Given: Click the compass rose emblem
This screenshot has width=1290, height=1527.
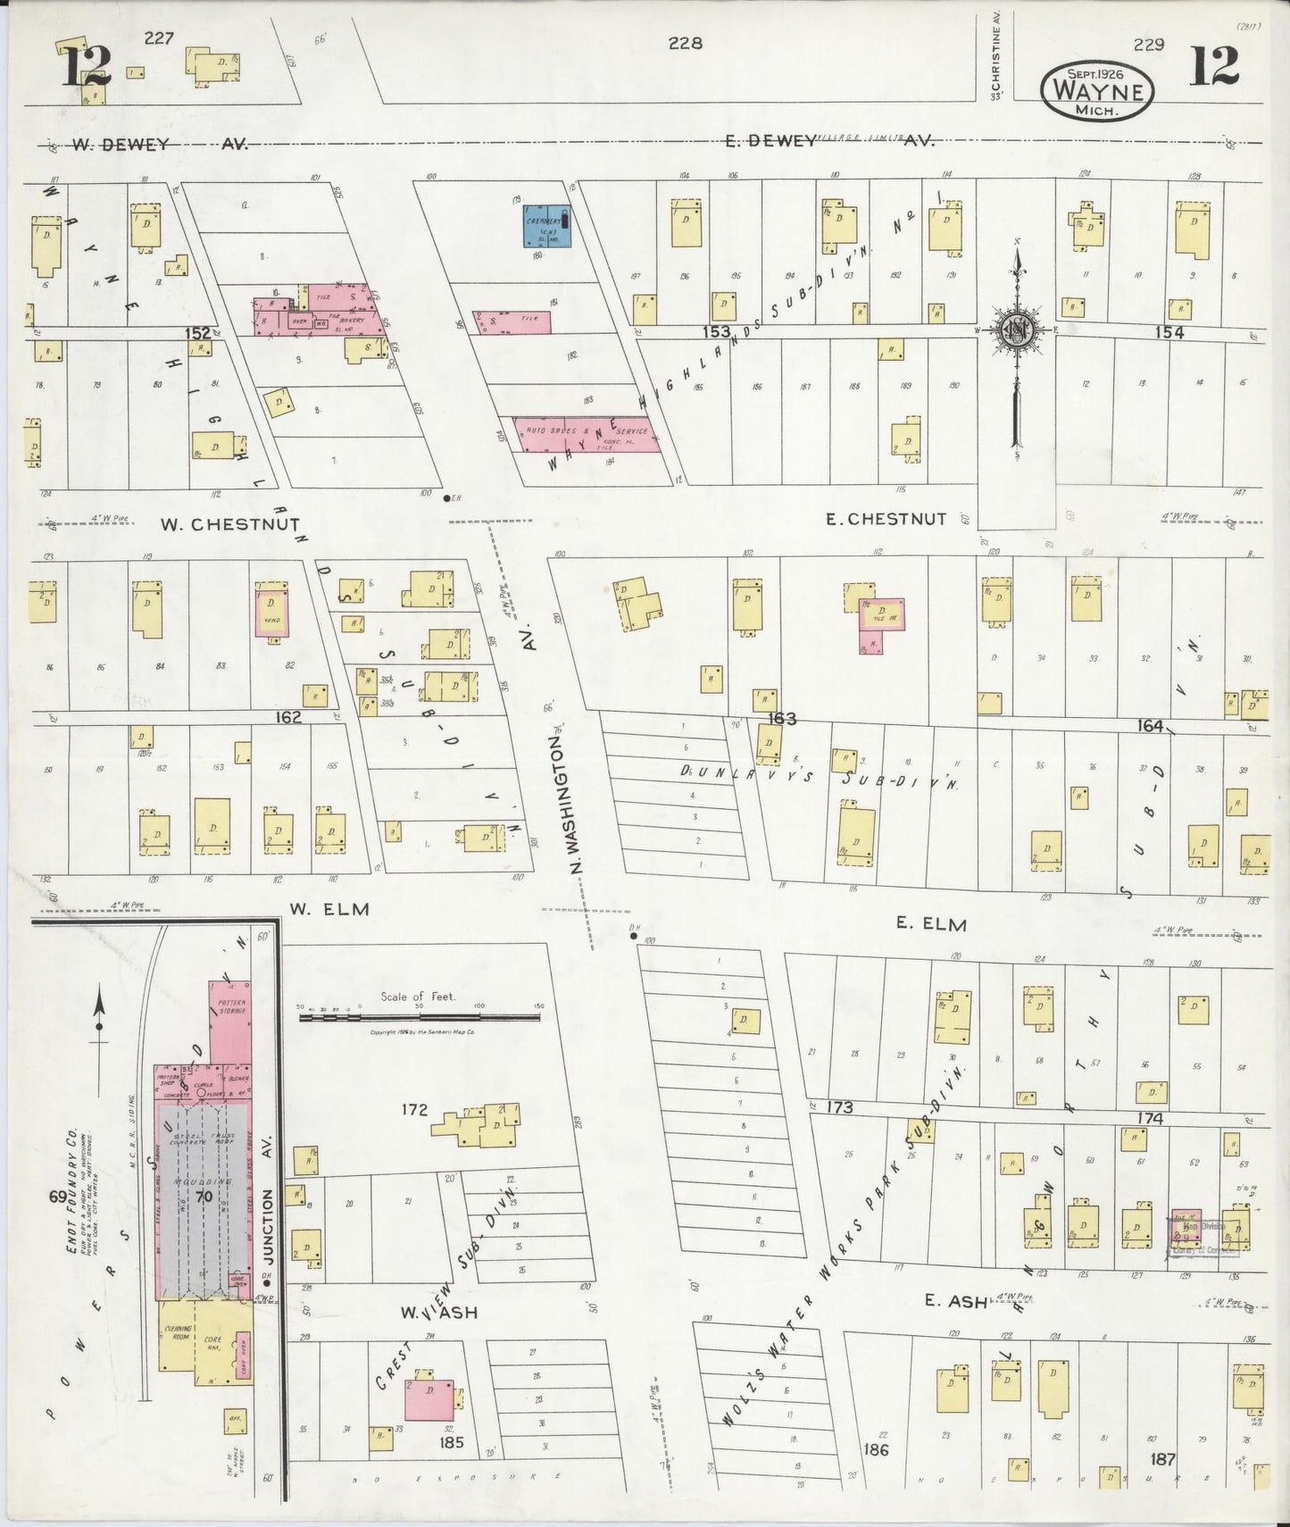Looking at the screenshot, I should [x=1015, y=330].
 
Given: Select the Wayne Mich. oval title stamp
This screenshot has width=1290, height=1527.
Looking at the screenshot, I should [x=1097, y=89].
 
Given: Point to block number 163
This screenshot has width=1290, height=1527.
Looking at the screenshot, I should [x=782, y=719].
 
